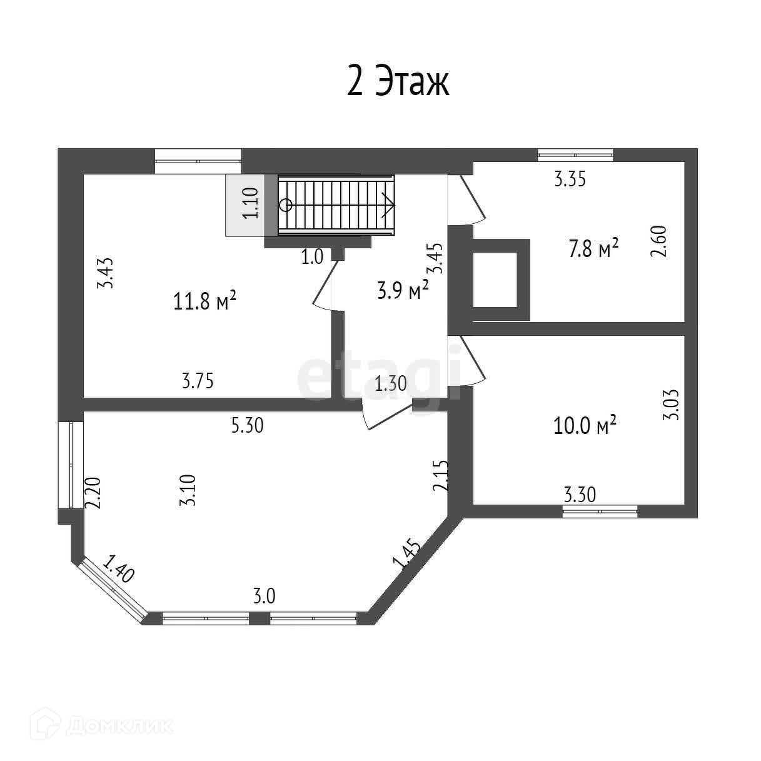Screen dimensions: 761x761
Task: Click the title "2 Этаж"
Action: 398,83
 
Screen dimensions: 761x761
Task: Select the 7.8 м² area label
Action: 593,249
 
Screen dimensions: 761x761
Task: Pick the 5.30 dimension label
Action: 248,426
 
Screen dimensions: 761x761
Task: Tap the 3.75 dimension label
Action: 198,381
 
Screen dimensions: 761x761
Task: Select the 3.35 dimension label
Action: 570,179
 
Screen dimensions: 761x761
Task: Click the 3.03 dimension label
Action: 670,405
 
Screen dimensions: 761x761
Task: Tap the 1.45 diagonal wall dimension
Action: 406,553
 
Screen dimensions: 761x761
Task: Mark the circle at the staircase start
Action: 286,204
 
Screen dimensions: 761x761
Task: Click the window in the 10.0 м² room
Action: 600,512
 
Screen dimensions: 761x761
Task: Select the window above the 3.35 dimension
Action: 575,154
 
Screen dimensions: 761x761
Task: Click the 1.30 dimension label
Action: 391,383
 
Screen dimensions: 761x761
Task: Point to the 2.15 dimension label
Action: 441,476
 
